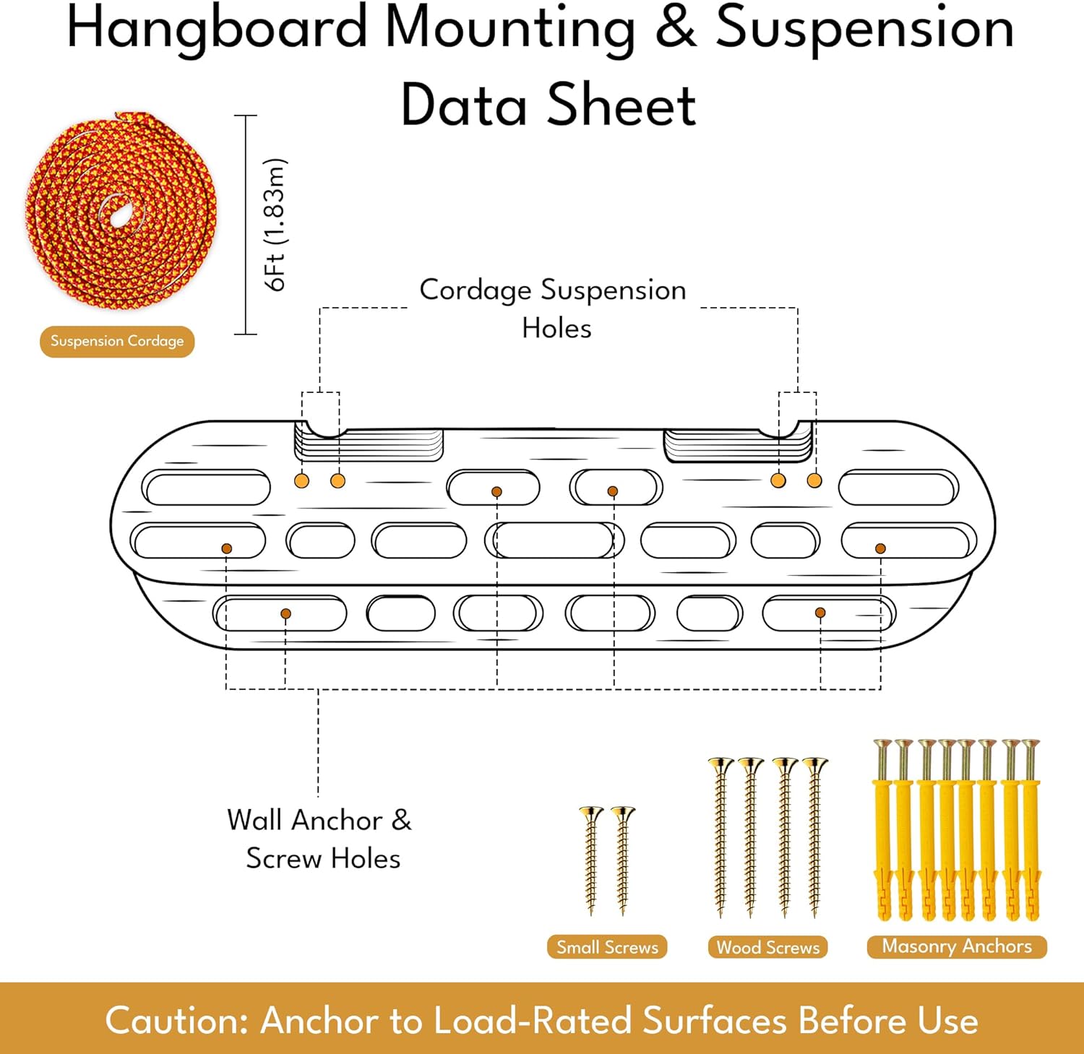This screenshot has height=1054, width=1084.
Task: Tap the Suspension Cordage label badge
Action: pyautogui.click(x=117, y=341)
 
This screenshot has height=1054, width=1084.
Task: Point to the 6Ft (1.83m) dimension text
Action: pyautogui.click(x=275, y=225)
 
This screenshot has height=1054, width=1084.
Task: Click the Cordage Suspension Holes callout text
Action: pyautogui.click(x=554, y=308)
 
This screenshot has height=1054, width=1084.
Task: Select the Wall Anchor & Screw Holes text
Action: pyautogui.click(x=320, y=839)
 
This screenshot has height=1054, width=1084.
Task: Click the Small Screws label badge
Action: pyautogui.click(x=607, y=947)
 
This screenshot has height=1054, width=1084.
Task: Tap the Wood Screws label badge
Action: pyautogui.click(x=767, y=947)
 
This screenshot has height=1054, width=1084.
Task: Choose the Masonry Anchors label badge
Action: pyautogui.click(x=957, y=946)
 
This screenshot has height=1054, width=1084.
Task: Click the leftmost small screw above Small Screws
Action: pyautogui.click(x=591, y=860)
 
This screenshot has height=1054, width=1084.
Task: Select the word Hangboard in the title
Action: pyautogui.click(x=217, y=29)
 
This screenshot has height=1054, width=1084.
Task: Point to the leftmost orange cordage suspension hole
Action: pyautogui.click(x=302, y=481)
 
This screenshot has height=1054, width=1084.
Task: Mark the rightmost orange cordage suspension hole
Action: pyautogui.click(x=814, y=480)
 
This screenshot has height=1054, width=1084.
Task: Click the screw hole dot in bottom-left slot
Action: pyautogui.click(x=285, y=613)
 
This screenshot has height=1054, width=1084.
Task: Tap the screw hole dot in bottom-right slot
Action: pyautogui.click(x=820, y=613)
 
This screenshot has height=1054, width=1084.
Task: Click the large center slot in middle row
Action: pyautogui.click(x=554, y=540)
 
